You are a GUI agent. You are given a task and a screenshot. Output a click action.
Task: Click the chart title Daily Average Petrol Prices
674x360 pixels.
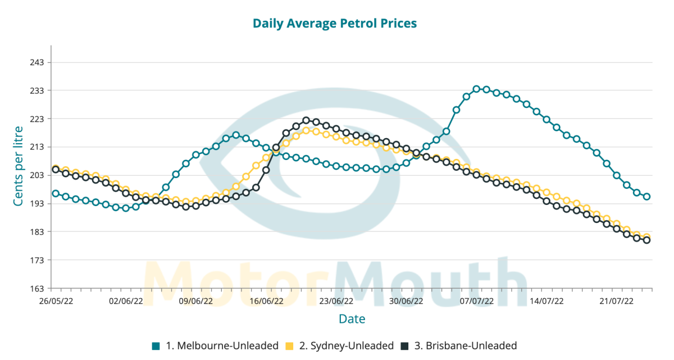pyautogui.click(x=335, y=24)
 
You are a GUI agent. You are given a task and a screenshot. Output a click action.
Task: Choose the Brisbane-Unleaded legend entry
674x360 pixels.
pyautogui.click(x=465, y=346)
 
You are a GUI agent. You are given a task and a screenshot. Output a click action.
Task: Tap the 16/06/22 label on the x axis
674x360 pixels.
pyautogui.click(x=266, y=301)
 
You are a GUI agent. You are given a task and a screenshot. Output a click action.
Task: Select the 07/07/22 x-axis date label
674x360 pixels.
pyautogui.click(x=477, y=301)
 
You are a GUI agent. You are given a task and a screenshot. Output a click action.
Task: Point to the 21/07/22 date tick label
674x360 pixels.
pyautogui.click(x=617, y=301)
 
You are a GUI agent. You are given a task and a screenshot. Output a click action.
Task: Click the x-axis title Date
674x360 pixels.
pyautogui.click(x=352, y=320)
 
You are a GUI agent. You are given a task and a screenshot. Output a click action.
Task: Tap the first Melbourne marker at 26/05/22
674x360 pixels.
pyautogui.click(x=56, y=193)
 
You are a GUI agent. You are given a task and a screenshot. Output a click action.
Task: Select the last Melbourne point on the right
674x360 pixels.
pyautogui.click(x=646, y=197)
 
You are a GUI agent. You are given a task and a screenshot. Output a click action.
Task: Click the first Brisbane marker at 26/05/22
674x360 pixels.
pyautogui.click(x=56, y=169)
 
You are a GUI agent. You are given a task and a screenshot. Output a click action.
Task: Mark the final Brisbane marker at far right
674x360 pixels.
pyautogui.click(x=646, y=240)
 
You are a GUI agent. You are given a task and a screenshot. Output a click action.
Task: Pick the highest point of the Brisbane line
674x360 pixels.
pyautogui.click(x=306, y=120)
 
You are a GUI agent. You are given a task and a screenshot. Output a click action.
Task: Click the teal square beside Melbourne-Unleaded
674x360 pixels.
pyautogui.click(x=156, y=346)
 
